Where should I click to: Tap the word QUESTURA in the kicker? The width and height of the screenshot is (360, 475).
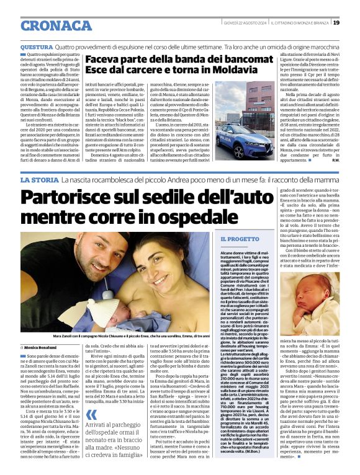(x=37, y=47)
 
